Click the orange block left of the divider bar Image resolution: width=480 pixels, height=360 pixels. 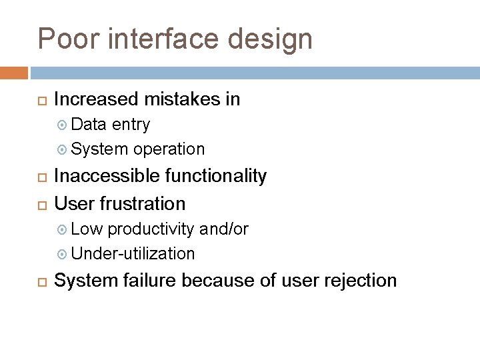coord(14,72)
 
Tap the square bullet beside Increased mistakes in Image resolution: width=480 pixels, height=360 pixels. coord(39,101)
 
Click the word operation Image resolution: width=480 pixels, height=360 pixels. coord(169,149)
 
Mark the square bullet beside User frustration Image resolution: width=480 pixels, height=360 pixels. coord(39,203)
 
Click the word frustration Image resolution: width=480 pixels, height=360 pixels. coord(143,203)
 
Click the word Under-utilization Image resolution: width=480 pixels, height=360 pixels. coord(133,253)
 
